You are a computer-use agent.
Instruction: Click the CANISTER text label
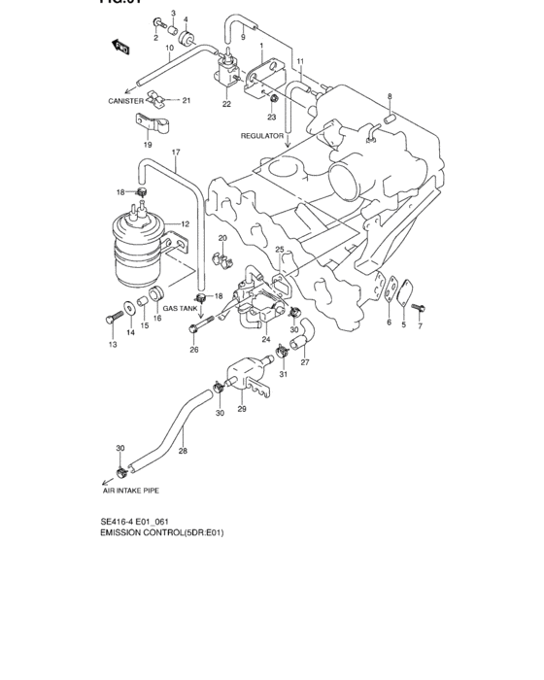point(126,101)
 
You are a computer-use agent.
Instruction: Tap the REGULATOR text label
point(261,137)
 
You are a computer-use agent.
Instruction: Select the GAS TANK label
point(180,308)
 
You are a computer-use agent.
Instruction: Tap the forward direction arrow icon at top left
point(120,46)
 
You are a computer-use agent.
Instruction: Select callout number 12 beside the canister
point(184,224)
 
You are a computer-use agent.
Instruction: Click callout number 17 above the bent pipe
point(176,153)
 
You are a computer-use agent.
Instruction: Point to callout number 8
point(390,96)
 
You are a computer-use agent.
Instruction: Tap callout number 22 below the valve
point(226,104)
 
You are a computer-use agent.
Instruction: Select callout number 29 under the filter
point(242,410)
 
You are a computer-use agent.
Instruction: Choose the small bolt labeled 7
point(417,307)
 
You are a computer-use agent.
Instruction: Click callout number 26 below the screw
point(194,350)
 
